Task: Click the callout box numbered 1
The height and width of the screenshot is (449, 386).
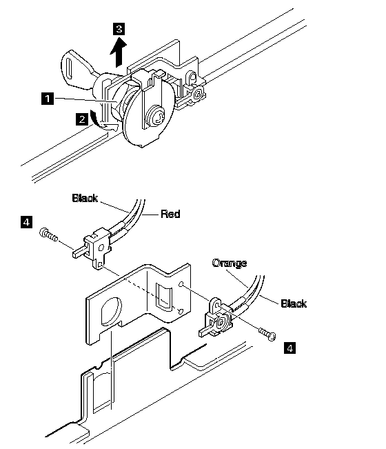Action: pos(48,98)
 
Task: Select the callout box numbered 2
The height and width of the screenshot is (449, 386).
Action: pos(82,119)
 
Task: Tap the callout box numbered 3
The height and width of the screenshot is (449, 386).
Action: pos(119,29)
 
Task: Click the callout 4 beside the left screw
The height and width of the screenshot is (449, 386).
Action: pos(27,222)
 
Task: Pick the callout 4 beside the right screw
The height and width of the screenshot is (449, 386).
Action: pos(289,348)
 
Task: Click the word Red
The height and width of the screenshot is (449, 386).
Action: pos(170,214)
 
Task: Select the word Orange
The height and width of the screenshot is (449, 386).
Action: pos(230,263)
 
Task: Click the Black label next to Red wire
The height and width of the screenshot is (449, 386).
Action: pos(85,198)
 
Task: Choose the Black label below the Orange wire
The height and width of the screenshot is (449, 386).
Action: pos(294,303)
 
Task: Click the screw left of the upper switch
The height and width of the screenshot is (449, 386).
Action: pos(48,235)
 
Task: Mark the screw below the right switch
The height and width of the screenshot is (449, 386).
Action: pos(267,335)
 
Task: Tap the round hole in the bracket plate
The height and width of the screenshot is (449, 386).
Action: pos(111,311)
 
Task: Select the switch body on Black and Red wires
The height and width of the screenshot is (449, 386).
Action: pos(94,247)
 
